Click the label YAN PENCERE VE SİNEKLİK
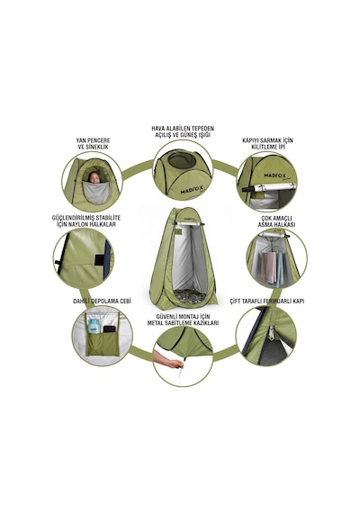coord(94,143)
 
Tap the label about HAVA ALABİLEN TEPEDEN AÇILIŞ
coord(183,131)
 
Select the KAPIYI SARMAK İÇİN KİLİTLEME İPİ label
coord(267,143)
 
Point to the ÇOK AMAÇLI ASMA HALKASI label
coord(276,221)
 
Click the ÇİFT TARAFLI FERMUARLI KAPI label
coord(267,301)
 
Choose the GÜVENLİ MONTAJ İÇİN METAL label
coord(183,319)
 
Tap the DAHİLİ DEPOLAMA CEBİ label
coord(102,301)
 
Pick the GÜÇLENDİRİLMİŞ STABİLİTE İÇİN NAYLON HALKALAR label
coord(86,220)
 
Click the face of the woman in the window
coord(94,177)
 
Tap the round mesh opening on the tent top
coord(182,160)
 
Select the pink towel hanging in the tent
coord(269,266)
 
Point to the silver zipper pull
coord(272,333)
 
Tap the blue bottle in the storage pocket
coord(94,326)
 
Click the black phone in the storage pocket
coord(109,328)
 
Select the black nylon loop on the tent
coord(98,260)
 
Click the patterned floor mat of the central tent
coord(190,295)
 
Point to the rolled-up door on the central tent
coord(189,223)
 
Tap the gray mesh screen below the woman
coord(95,193)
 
